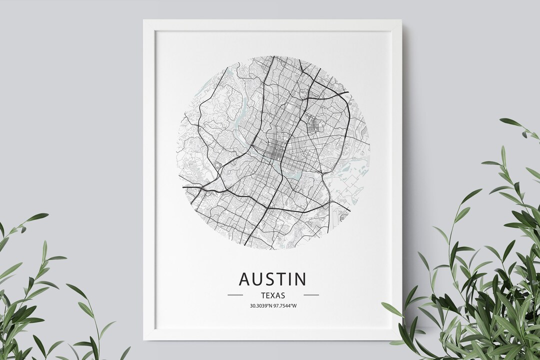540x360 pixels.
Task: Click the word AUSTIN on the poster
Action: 272,279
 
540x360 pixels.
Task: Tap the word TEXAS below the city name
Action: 273,295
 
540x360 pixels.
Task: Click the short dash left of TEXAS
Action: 235,295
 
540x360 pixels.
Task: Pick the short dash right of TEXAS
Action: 311,295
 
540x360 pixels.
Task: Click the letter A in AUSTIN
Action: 245,279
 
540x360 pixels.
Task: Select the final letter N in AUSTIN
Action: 300,279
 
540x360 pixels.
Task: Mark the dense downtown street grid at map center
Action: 273,151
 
